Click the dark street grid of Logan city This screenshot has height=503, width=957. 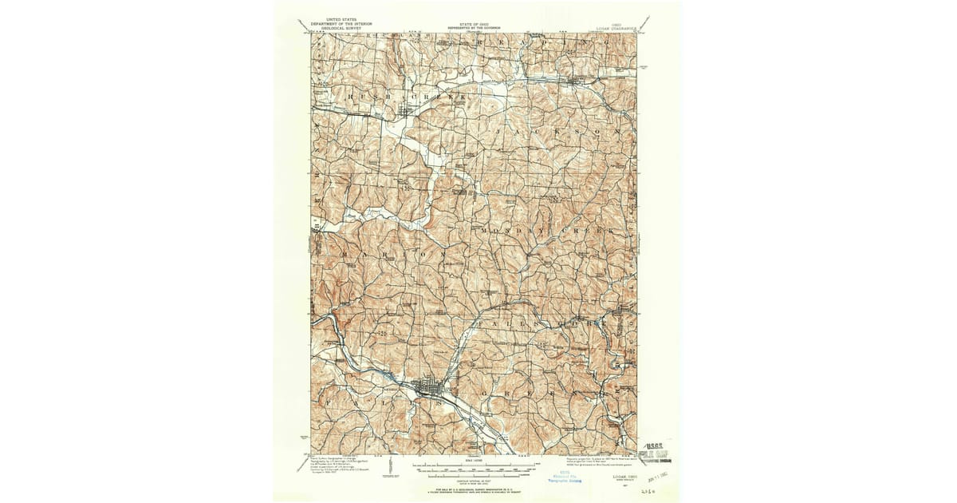[x=431, y=390]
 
